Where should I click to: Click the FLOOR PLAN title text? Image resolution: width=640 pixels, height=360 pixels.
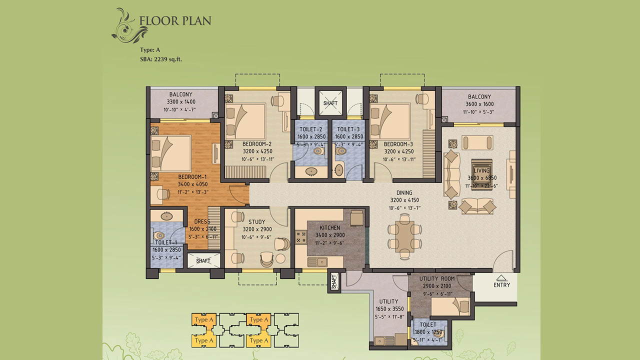click(x=175, y=21)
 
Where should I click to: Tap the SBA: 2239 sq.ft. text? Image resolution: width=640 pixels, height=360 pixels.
click(x=161, y=59)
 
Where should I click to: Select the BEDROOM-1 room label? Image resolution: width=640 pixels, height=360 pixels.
click(x=192, y=177)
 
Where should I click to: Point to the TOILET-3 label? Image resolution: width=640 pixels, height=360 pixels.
click(x=348, y=129)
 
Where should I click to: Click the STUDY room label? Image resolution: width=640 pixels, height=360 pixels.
click(x=256, y=221)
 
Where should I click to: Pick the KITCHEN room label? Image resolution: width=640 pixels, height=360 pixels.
click(x=329, y=227)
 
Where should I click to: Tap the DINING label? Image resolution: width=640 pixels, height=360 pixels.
click(x=404, y=192)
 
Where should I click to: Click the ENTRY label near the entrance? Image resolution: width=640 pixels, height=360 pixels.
click(x=501, y=285)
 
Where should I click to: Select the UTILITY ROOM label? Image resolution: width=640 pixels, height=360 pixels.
click(x=437, y=278)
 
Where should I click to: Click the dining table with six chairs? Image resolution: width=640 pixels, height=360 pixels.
click(x=404, y=237)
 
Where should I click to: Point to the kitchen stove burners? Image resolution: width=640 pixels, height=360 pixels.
click(x=300, y=237)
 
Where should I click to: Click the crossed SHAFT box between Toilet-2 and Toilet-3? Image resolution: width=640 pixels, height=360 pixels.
click(x=330, y=103)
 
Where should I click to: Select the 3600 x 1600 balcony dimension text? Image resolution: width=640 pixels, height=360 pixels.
click(x=479, y=104)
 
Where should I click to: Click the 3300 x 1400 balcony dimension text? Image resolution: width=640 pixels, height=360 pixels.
click(x=181, y=101)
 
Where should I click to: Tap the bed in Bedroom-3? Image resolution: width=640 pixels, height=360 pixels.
click(x=390, y=121)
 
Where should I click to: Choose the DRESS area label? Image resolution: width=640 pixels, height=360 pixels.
click(x=202, y=221)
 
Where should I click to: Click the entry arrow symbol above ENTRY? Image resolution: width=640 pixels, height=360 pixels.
click(x=500, y=277)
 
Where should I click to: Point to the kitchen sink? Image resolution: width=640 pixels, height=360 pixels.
click(x=317, y=261)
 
